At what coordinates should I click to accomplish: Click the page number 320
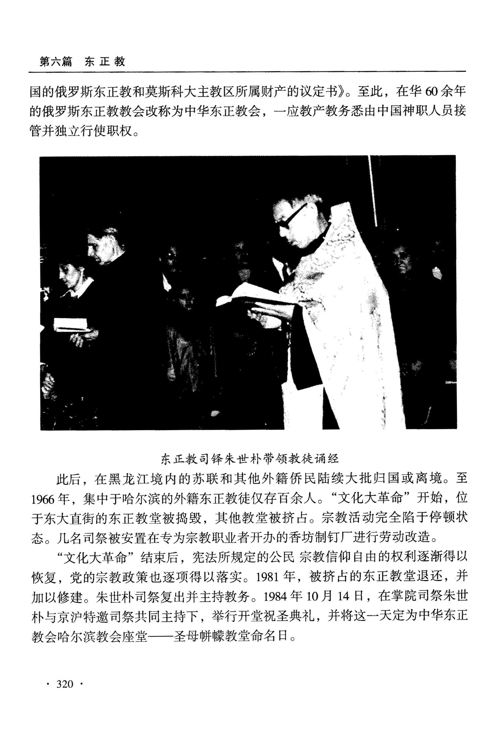64,684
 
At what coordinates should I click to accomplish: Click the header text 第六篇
56,62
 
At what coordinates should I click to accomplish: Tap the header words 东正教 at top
105,62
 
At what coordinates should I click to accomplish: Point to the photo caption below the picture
250,458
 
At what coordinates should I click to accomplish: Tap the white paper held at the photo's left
70,324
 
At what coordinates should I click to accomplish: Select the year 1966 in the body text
43,499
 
